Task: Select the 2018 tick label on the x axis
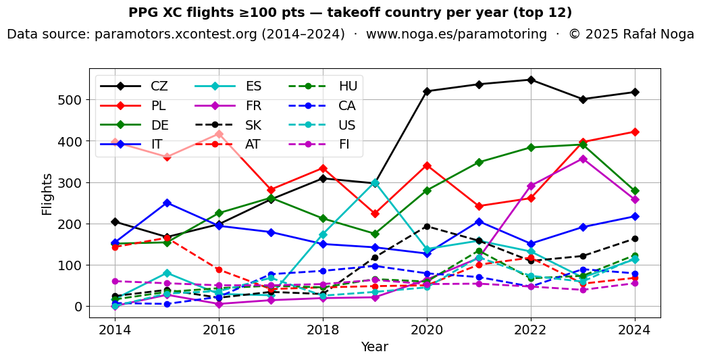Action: tap(323, 330)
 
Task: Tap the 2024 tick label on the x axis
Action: tap(635, 330)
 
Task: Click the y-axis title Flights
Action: tap(47, 194)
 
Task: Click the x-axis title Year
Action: tap(374, 347)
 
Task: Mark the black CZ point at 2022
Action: tap(531, 80)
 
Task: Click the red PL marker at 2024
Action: tap(635, 132)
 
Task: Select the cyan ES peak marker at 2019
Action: tap(375, 183)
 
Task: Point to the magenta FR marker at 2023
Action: tap(583, 159)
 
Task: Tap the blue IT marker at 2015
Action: tap(167, 203)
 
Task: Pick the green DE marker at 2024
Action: tap(635, 191)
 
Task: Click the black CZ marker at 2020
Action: tap(427, 91)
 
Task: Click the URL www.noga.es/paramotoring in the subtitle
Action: tap(457, 34)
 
